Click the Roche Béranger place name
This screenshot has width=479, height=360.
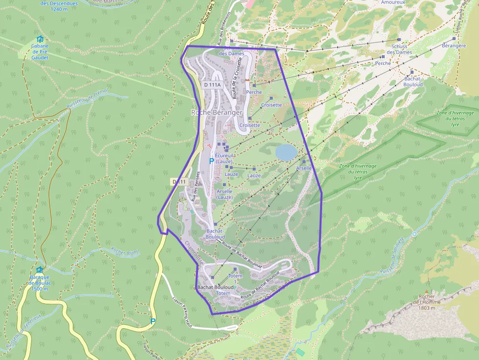tap(217, 112)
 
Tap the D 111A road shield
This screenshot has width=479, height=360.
tap(212, 85)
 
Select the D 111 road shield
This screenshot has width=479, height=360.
tap(179, 182)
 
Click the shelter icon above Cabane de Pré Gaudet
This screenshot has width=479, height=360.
tap(40, 39)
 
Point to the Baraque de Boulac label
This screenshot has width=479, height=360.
tap(38, 283)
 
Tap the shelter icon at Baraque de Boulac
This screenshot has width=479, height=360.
tap(39, 270)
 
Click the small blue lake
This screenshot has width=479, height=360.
tap(286, 152)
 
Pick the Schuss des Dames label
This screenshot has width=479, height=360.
tap(399, 49)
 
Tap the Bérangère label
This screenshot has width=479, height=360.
tap(454, 45)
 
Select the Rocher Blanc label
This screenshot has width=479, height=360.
tap(125, 252)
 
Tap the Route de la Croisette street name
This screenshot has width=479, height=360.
tap(238, 78)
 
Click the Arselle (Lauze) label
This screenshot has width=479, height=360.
tap(224, 194)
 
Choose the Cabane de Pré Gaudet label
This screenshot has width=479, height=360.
tap(40, 52)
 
